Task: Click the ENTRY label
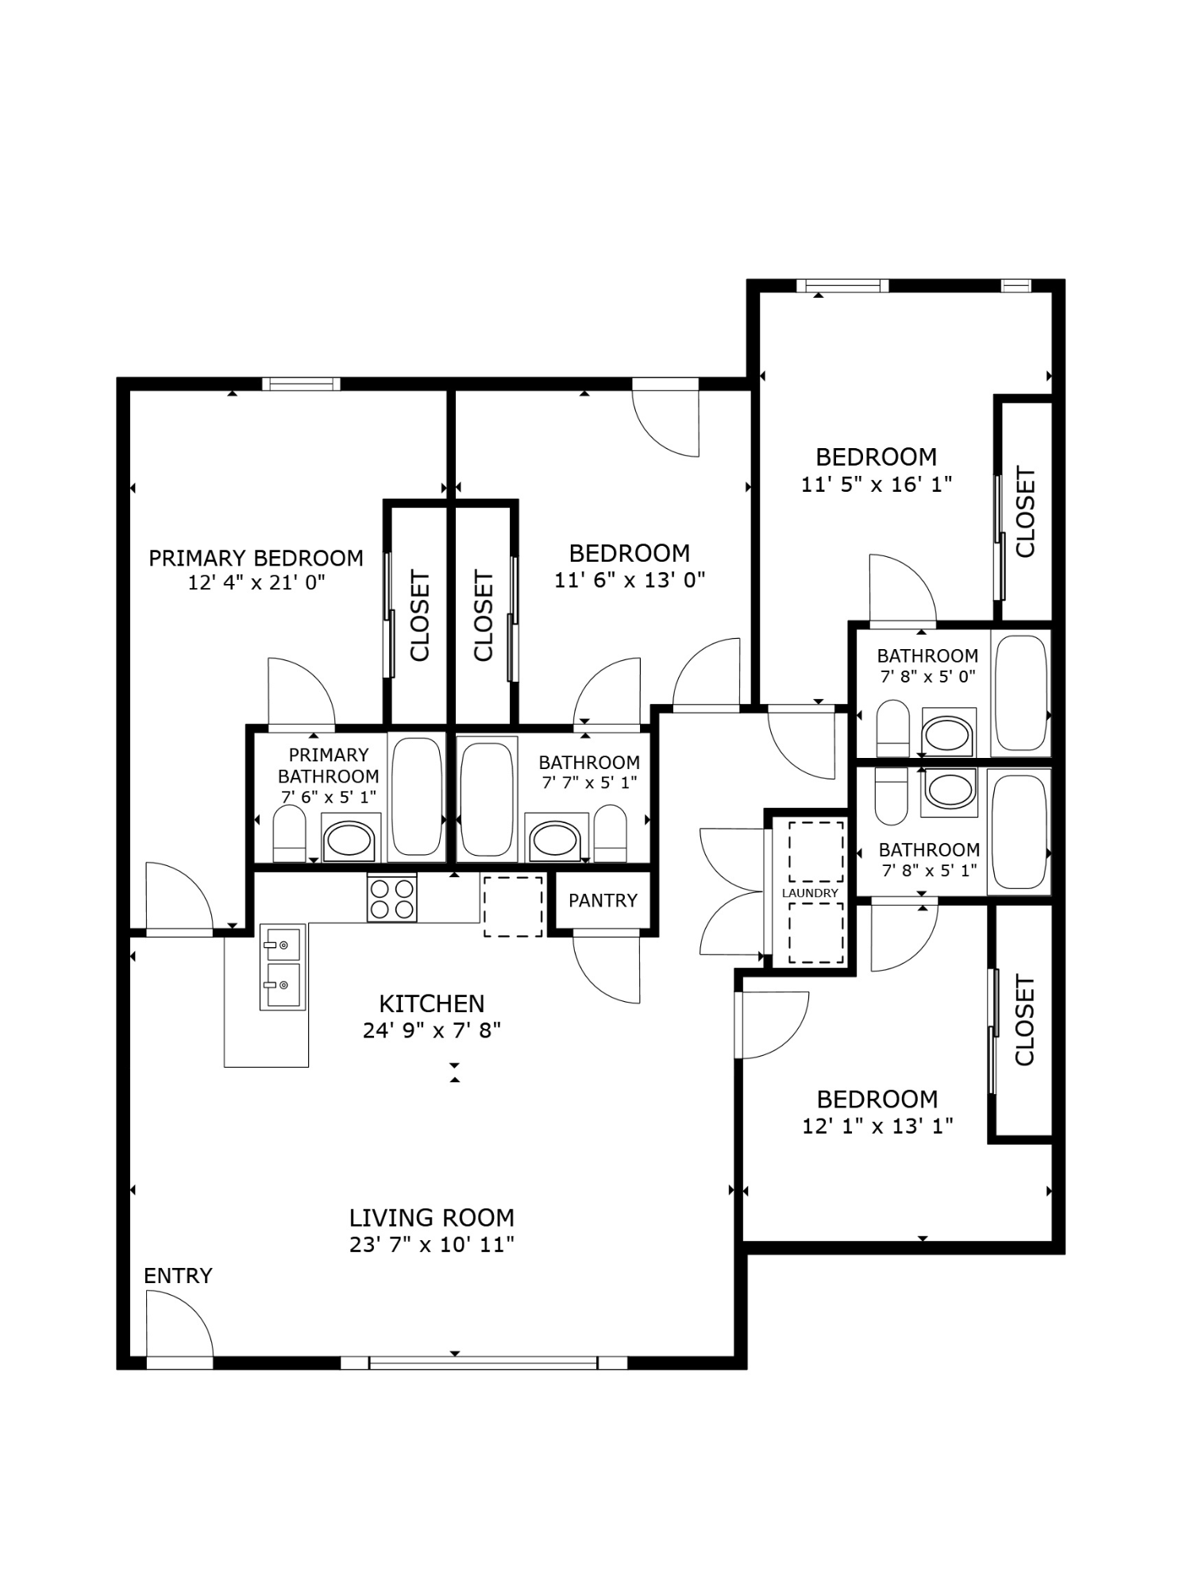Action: click(x=178, y=1276)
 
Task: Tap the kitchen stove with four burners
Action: click(x=391, y=898)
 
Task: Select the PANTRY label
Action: click(x=603, y=900)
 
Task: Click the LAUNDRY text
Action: click(x=810, y=893)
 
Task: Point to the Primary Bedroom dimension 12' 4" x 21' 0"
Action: click(x=256, y=582)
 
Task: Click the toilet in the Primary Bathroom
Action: click(x=289, y=834)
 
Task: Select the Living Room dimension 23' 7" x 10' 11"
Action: click(x=432, y=1244)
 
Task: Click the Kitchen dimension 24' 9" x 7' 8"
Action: click(x=432, y=1030)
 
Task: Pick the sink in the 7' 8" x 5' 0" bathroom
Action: click(x=948, y=734)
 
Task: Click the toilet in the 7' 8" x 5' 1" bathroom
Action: click(x=891, y=797)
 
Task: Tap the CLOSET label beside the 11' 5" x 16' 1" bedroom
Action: click(x=1025, y=512)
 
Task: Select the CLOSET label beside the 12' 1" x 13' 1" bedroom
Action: click(x=1024, y=1021)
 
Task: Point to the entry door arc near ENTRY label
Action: click(x=181, y=1323)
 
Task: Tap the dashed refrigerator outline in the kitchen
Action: click(x=513, y=907)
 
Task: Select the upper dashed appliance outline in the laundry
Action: click(x=815, y=852)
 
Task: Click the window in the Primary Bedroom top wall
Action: click(x=301, y=385)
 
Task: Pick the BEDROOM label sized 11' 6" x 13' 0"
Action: click(x=629, y=553)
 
